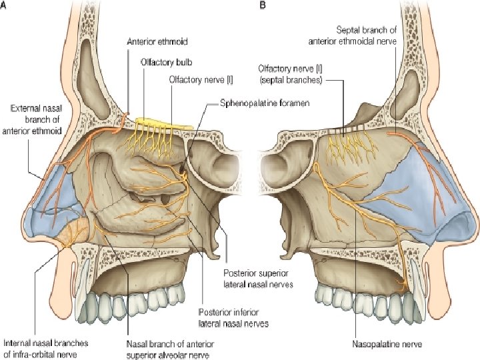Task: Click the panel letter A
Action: click(5, 5)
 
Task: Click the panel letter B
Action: click(263, 5)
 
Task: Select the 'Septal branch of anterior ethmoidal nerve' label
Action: click(353, 35)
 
